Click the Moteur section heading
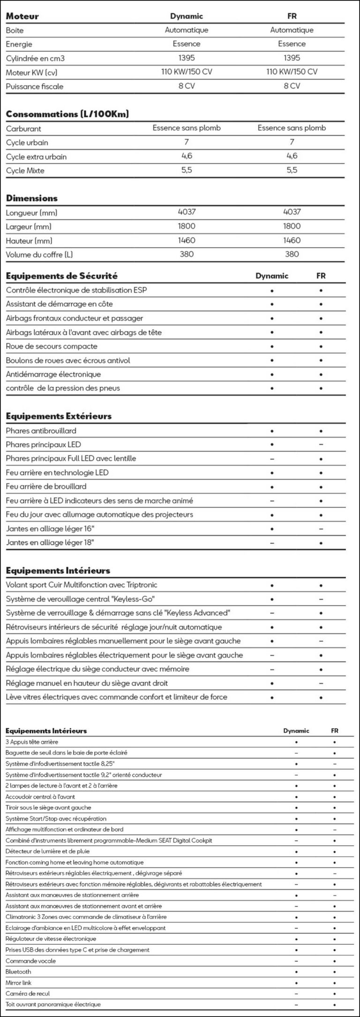(x=22, y=16)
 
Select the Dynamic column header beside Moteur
(x=187, y=16)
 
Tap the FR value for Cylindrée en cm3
(x=292, y=58)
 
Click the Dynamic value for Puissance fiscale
(x=187, y=86)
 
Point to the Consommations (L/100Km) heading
(x=67, y=114)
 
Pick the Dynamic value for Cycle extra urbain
(x=187, y=156)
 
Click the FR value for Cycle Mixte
(x=292, y=170)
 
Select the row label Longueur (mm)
(x=32, y=213)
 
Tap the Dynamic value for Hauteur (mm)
(x=187, y=241)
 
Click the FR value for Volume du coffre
(x=292, y=254)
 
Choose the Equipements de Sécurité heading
(x=62, y=276)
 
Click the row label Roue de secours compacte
(x=52, y=347)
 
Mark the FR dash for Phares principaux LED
(x=321, y=444)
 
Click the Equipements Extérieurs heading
(x=59, y=416)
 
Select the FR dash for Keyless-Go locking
(x=321, y=599)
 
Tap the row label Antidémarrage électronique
(x=53, y=375)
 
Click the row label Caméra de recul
(x=28, y=994)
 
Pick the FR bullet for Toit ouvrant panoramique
(x=334, y=1005)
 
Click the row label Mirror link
(x=19, y=982)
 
